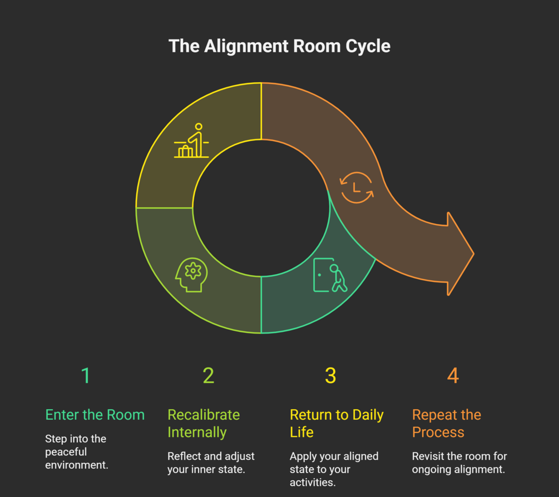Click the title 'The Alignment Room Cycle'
pos(279,46)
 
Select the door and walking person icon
pos(330,275)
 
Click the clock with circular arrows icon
pos(357,187)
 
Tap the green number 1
pos(85,376)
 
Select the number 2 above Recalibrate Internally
pos(208,376)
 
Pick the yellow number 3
pos(330,376)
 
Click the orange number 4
pos(453,376)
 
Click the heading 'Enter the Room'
pos(95,415)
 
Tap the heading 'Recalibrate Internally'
pos(204,423)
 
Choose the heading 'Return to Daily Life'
pos(337,423)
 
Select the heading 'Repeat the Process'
pos(446,423)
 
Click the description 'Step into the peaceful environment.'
pos(77,451)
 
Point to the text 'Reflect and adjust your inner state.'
pos(211,463)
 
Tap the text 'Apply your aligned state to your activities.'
pos(334,468)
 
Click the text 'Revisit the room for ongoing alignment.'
pos(459,463)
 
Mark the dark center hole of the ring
pos(261,207)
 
